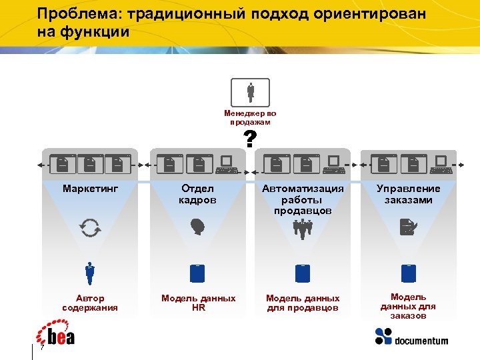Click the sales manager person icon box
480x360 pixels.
pyautogui.click(x=250, y=93)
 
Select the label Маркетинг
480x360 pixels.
pyautogui.click(x=90, y=189)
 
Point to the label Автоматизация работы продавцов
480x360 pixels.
pyautogui.click(x=303, y=199)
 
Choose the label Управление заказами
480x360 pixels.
pyautogui.click(x=408, y=194)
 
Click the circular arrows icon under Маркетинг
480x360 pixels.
pyautogui.click(x=90, y=228)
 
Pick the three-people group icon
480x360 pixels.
pyautogui.click(x=303, y=229)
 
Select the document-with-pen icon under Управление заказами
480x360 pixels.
pyautogui.click(x=407, y=228)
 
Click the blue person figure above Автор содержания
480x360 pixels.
pyautogui.click(x=90, y=273)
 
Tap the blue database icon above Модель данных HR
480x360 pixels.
pyautogui.click(x=197, y=273)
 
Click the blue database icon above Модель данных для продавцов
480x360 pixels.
pyautogui.click(x=303, y=273)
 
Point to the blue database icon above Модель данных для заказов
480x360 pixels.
pyautogui.click(x=408, y=273)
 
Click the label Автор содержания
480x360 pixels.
pyautogui.click(x=90, y=303)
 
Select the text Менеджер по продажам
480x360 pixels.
pyautogui.click(x=250, y=118)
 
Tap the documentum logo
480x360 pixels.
pyautogui.click(x=411, y=338)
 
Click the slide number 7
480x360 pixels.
pyautogui.click(x=42, y=349)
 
